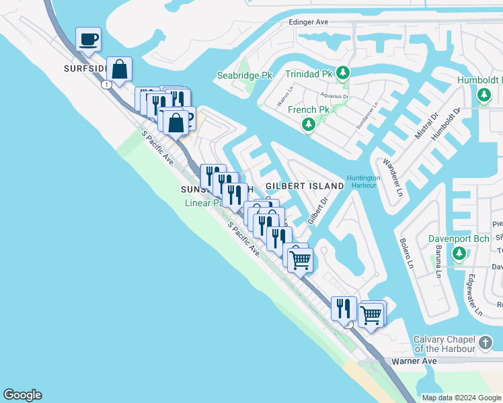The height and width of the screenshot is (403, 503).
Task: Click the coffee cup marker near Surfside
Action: [x=87, y=39]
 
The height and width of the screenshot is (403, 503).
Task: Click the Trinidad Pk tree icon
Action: [x=343, y=73]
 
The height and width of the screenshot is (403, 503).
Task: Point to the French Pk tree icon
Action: [x=309, y=124]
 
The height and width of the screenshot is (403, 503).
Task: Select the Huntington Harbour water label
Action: [x=364, y=182]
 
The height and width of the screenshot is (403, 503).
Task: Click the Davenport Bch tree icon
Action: [x=459, y=253]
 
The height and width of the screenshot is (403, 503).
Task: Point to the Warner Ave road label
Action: [x=414, y=361]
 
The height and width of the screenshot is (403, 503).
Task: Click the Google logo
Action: [x=22, y=395]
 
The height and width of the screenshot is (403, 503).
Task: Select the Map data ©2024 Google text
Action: [x=461, y=398]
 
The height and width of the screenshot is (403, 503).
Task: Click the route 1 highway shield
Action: [x=107, y=85]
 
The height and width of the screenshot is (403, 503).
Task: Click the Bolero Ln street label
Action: [x=407, y=253]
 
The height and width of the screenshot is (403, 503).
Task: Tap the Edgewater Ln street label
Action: [x=475, y=295]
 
